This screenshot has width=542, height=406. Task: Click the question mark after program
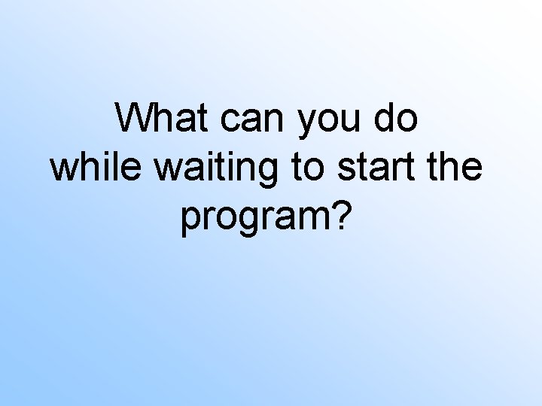click(x=341, y=215)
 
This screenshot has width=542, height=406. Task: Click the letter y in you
click(x=307, y=124)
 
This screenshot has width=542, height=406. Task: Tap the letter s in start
click(x=346, y=169)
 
